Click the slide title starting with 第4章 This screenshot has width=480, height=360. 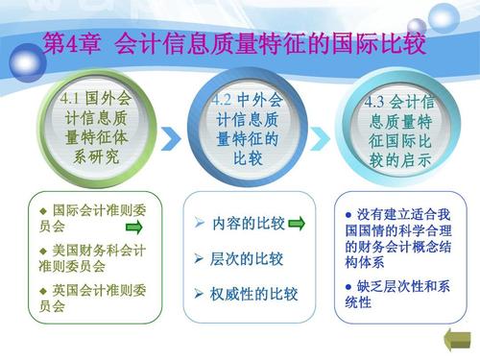[235, 44]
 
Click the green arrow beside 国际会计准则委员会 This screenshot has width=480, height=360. [133, 228]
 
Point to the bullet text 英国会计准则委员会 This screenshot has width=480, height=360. [91, 299]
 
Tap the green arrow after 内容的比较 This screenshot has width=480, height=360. [297, 224]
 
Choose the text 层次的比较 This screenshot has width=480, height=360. [247, 259]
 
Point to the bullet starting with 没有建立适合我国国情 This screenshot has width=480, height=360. [403, 234]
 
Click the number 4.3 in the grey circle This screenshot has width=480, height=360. [378, 102]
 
